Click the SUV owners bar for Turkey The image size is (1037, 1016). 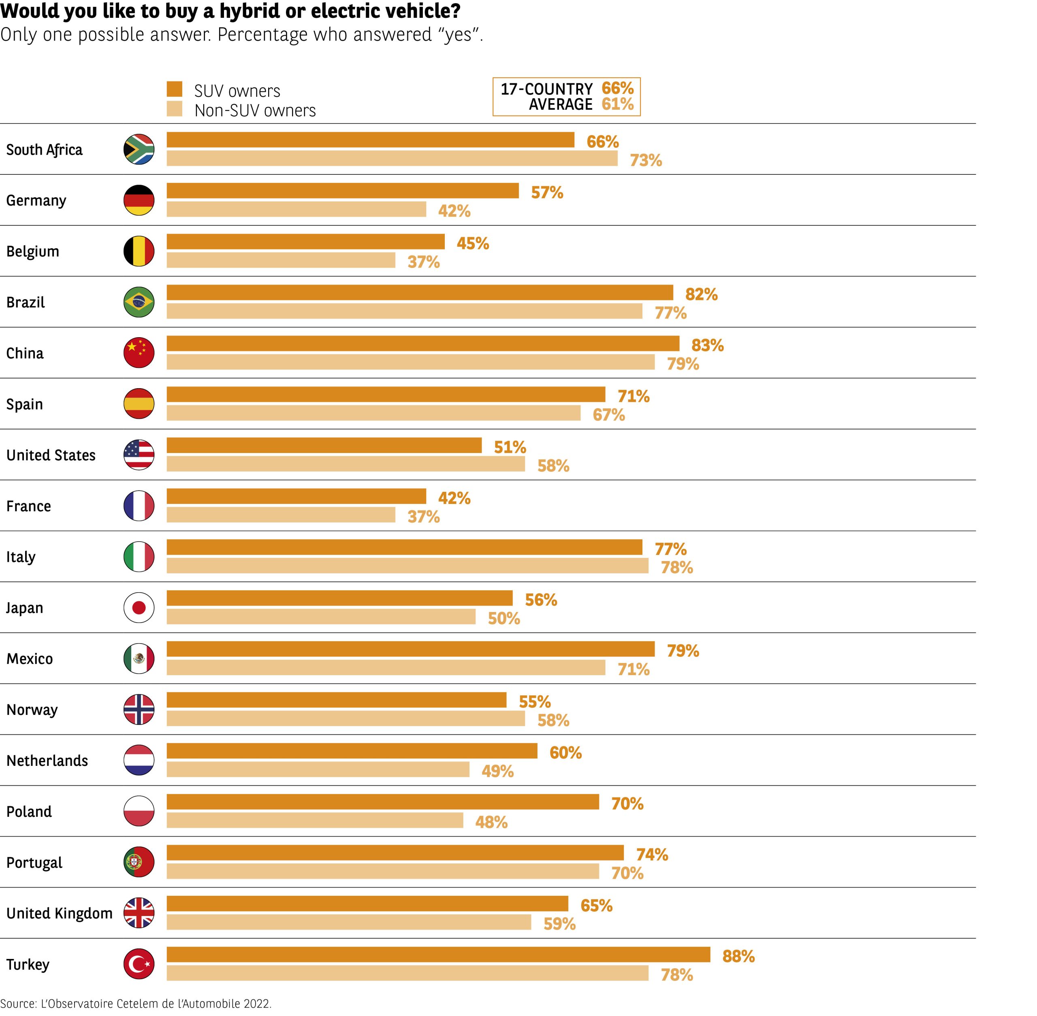click(438, 954)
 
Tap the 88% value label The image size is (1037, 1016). click(738, 956)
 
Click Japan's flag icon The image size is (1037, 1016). click(139, 607)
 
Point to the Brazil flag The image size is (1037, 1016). click(139, 302)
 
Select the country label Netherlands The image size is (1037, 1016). click(47, 761)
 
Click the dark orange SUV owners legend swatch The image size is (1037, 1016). click(175, 89)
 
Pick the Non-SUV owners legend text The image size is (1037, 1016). click(255, 111)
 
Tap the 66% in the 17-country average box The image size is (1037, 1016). click(617, 88)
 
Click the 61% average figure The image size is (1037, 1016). click(617, 104)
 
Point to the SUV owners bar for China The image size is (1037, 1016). click(423, 344)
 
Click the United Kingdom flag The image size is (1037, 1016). click(139, 913)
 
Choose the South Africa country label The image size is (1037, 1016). click(44, 150)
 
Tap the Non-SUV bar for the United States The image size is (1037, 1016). click(346, 464)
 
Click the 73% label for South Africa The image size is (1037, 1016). click(646, 160)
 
